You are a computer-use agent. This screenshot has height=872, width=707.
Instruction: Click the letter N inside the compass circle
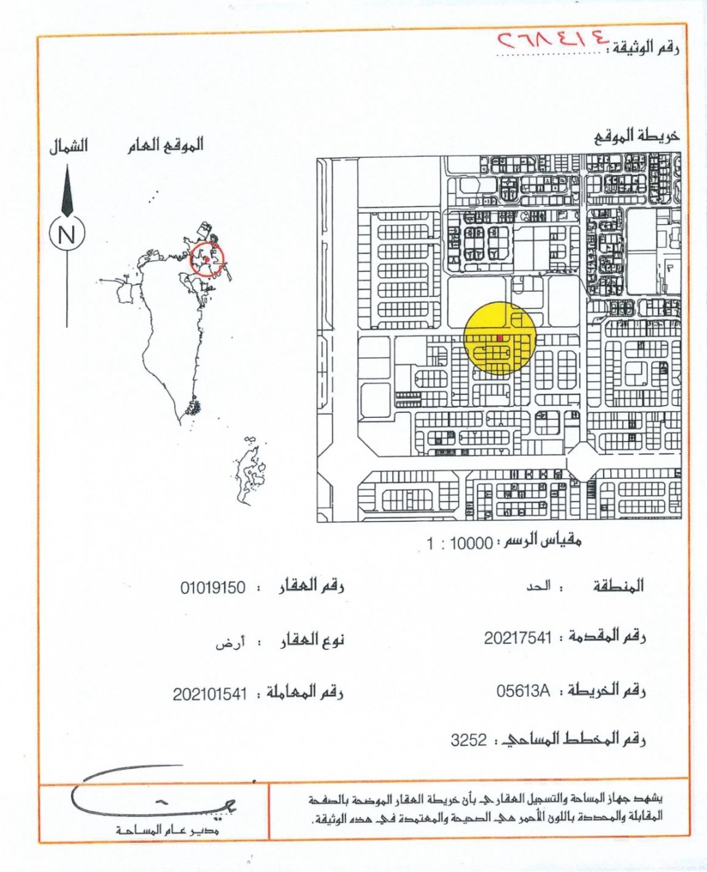pyautogui.click(x=67, y=235)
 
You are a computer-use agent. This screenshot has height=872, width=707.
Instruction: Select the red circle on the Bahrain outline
pyautogui.click(x=206, y=259)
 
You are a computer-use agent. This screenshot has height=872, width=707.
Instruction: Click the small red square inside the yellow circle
pyautogui.click(x=499, y=337)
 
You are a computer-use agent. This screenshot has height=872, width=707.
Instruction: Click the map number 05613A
pyautogui.click(x=522, y=691)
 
